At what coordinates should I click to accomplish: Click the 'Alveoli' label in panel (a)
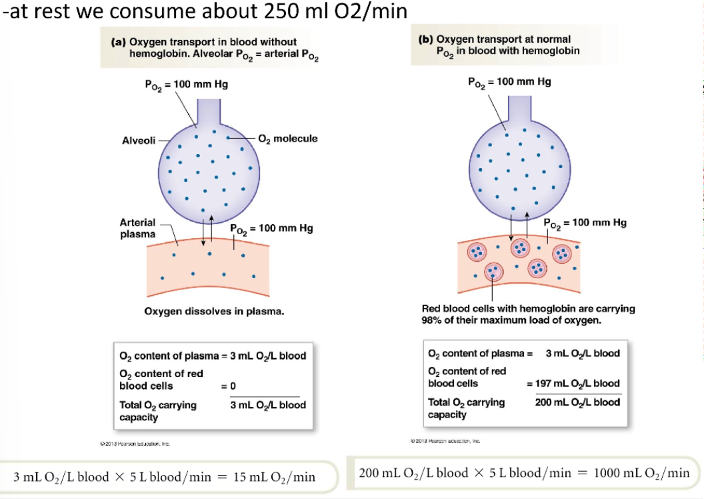[139, 140]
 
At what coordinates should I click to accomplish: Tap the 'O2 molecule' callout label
[287, 139]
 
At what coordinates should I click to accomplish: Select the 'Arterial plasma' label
[137, 228]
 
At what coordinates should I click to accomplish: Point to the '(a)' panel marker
[118, 42]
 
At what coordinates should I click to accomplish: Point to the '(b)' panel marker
[425, 39]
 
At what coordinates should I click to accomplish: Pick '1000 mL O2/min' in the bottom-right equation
[641, 473]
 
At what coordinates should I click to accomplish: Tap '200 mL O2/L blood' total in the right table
[577, 402]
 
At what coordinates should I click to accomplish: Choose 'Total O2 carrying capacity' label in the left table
[157, 411]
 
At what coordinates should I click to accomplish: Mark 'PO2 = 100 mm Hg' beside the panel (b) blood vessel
[585, 223]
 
